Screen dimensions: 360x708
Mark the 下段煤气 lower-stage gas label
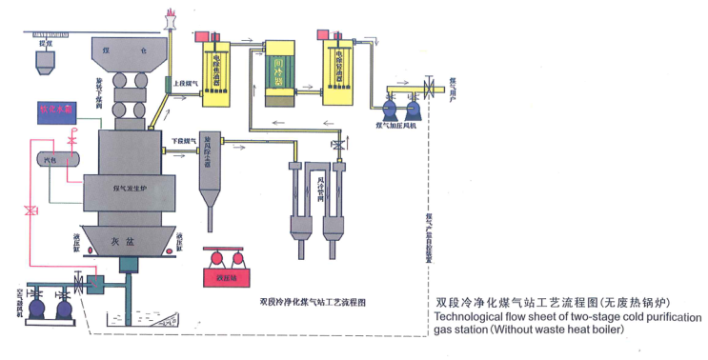point(183,140)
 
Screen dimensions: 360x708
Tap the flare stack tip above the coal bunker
point(172,14)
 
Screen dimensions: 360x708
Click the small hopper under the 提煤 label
point(42,64)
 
